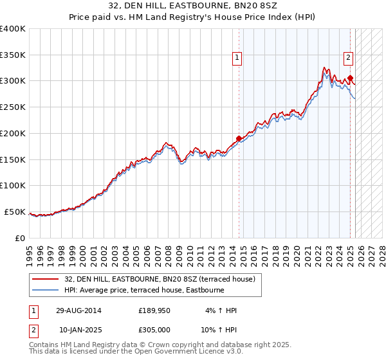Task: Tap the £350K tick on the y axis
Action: point(13,55)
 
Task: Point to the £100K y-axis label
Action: point(13,185)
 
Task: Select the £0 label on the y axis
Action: point(20,238)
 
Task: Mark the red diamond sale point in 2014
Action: point(239,138)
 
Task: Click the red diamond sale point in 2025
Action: point(351,78)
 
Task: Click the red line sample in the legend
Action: point(46,279)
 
